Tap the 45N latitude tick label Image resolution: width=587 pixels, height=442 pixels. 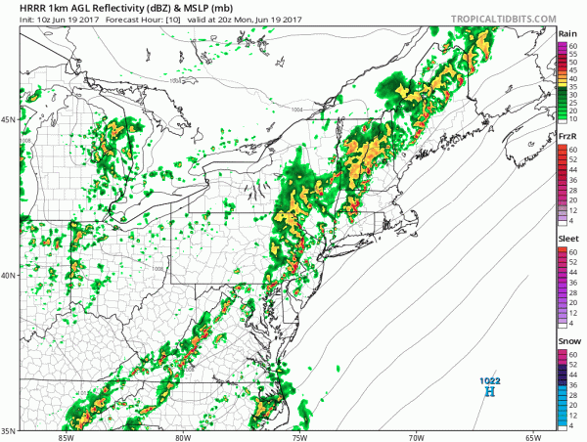pos(8,120)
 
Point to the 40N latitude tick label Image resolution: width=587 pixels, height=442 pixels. pos(8,275)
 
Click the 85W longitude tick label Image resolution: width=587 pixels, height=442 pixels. pos(68,436)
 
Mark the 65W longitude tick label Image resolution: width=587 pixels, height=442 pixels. pos(532,436)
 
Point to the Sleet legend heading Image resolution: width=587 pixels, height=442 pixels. pos(566,238)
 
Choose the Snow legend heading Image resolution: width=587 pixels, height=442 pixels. pos(566,341)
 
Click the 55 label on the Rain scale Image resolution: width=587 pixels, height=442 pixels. pos(573,53)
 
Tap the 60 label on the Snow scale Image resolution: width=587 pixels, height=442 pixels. pos(573,354)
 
